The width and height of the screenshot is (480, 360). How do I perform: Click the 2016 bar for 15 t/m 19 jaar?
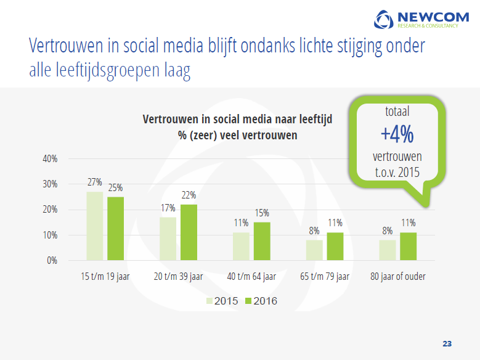115,229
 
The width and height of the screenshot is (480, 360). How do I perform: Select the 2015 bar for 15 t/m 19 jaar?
95,226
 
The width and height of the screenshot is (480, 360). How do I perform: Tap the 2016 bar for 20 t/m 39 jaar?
189,232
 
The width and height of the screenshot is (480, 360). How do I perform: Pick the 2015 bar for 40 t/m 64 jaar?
241,247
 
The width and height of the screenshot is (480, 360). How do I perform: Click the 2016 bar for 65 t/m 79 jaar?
335,247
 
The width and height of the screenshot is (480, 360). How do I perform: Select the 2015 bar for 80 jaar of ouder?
387,250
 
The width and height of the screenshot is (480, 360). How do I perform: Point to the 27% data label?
95,182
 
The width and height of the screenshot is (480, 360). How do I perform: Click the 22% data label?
189,195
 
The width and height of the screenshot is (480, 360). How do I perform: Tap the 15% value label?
262,213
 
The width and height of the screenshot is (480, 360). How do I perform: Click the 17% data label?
168,208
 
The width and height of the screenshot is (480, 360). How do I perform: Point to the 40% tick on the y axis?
50,158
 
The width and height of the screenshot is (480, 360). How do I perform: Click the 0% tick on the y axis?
52,260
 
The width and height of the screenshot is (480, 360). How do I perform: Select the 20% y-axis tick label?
50,210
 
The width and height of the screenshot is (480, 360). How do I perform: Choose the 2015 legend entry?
222,301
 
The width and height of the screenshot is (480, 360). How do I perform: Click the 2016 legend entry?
261,301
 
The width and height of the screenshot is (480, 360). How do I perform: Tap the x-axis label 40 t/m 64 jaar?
251,276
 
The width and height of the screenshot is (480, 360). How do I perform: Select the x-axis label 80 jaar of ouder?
398,276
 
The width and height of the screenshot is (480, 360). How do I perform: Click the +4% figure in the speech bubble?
397,134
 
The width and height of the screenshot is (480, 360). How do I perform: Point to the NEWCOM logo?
421,19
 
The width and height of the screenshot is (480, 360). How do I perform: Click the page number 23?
447,344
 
